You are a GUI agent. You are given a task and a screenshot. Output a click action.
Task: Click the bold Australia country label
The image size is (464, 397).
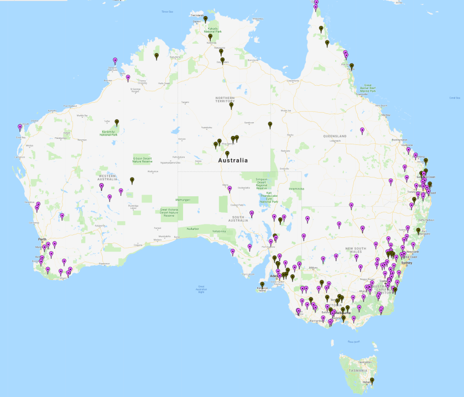pyautogui.click(x=233, y=160)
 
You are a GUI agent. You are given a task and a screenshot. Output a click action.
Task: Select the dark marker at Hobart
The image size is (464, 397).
pyautogui.click(x=372, y=381)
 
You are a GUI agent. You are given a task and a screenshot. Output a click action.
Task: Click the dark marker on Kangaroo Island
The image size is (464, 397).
pyautogui.click(x=262, y=285)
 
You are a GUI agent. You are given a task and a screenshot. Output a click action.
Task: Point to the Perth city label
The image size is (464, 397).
pyautogui.click(x=41, y=239)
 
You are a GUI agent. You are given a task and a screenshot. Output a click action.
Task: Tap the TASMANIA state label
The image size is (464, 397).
pyautogui.click(x=357, y=370)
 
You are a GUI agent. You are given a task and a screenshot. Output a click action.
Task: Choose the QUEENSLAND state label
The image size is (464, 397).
pyautogui.click(x=335, y=136)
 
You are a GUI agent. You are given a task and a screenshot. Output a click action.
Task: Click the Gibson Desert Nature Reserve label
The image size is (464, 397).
pyautogui.click(x=142, y=160)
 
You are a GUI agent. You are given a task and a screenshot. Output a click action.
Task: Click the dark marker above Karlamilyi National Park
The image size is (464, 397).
pyautogui.click(x=117, y=122)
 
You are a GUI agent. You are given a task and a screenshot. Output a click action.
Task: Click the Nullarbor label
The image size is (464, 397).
pyautogui.click(x=192, y=228)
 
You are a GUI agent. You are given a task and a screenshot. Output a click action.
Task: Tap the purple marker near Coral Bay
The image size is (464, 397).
pyautogui.click(x=20, y=127)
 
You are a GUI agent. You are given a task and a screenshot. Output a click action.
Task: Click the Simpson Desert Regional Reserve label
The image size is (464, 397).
pyautogui.click(x=265, y=183)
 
